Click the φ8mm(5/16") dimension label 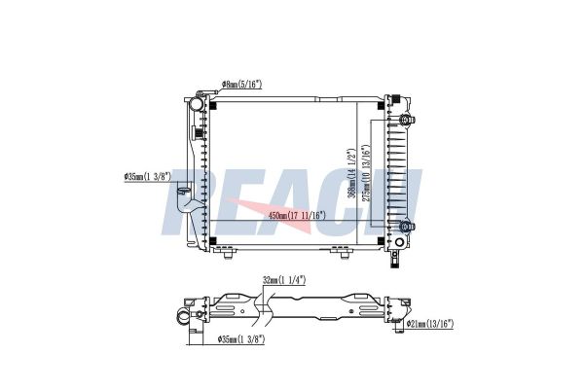tap(241, 85)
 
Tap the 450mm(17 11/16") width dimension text tap(297, 215)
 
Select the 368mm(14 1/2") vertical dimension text tap(351, 174)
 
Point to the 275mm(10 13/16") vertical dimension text tap(367, 173)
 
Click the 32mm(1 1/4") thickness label tap(284, 280)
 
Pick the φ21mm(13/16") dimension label tap(430, 324)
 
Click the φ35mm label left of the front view tap(147, 176)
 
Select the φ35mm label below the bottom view tap(241, 338)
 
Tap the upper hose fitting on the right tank tap(406, 120)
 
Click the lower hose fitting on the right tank tap(406, 226)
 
